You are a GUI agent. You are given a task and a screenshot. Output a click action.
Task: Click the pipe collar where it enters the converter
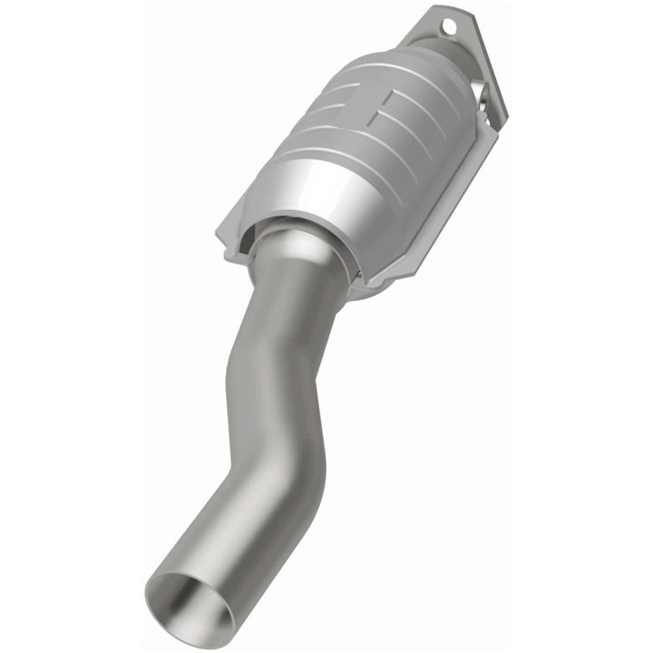299,245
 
